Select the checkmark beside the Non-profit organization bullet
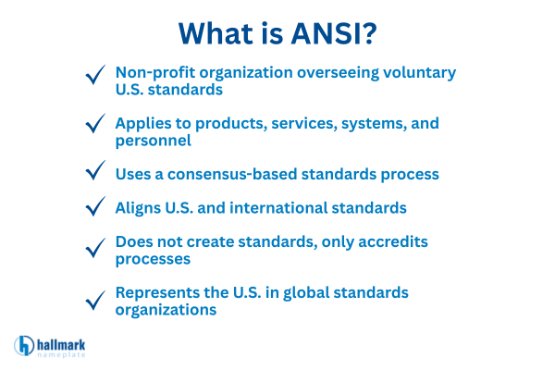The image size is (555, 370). point(94,75)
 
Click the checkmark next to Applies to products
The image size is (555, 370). point(94,124)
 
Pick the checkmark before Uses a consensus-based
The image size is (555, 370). point(94,171)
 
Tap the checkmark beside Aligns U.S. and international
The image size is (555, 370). point(94,209)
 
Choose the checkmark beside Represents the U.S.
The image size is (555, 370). point(94,300)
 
